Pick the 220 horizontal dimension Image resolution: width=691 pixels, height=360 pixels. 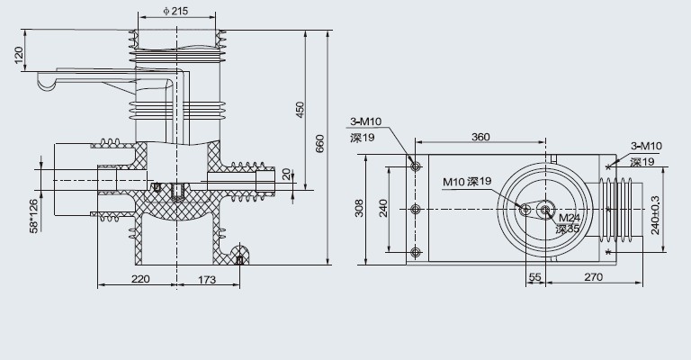point(139,280)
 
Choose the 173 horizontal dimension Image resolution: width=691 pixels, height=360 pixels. point(208,280)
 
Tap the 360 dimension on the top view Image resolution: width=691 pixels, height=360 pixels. point(480,137)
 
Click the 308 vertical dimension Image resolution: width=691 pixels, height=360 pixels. point(359,210)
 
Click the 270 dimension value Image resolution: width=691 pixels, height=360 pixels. point(593,279)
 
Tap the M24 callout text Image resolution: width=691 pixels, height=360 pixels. point(569,218)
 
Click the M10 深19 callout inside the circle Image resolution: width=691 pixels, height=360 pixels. point(467,182)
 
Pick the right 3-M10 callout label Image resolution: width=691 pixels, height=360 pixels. point(646,146)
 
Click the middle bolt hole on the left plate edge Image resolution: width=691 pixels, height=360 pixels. point(415,209)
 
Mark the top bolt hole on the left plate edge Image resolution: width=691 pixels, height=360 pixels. point(415,165)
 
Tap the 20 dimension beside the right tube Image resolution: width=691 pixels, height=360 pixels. point(286,174)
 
